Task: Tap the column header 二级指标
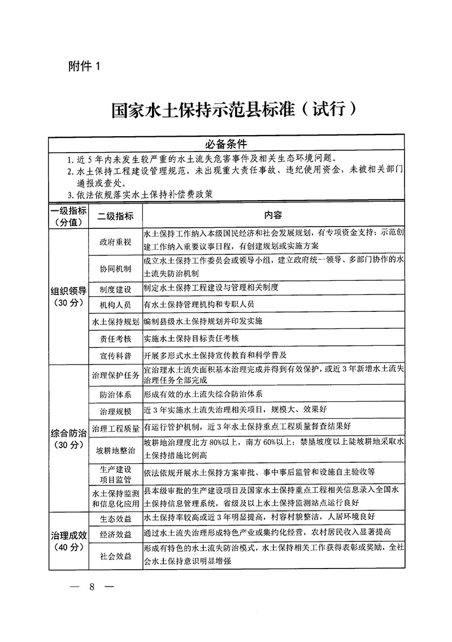click(115, 216)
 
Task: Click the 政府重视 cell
click(115, 242)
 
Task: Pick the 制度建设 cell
click(115, 289)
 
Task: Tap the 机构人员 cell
click(115, 305)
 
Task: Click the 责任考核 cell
click(115, 339)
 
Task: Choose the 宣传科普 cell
click(115, 355)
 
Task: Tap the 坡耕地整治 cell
click(115, 450)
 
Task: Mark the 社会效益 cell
click(115, 556)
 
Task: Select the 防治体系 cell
click(115, 394)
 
